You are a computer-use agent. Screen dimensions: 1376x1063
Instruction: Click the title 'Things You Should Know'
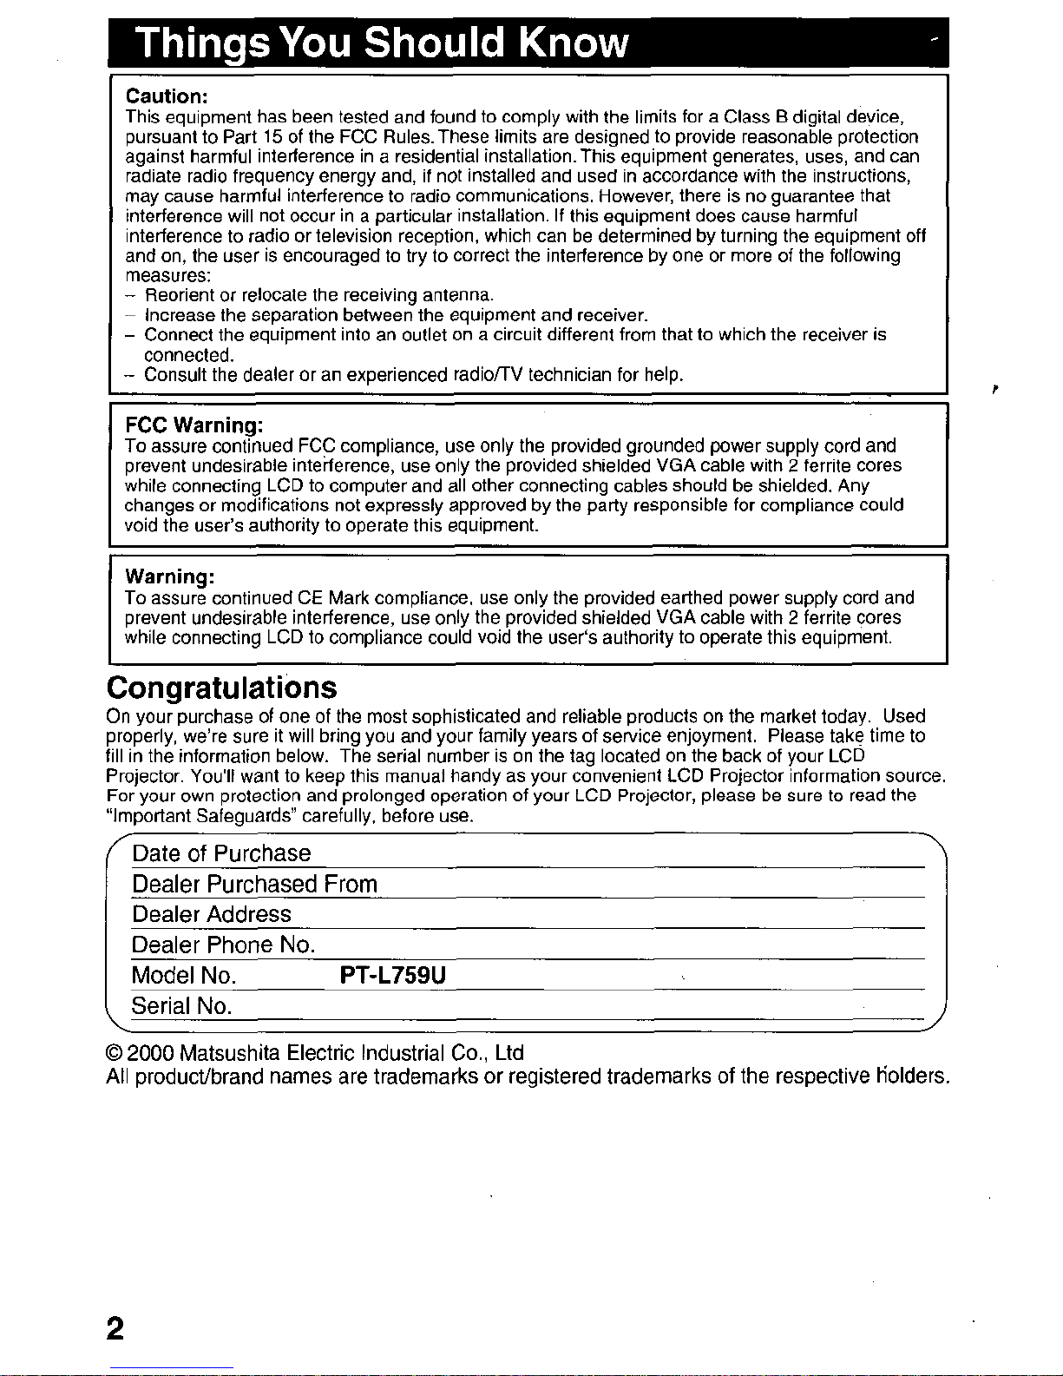coord(382,42)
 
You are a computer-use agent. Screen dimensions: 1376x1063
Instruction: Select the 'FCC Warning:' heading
coord(194,425)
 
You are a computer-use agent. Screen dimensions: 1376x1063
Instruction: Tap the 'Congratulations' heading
coord(221,688)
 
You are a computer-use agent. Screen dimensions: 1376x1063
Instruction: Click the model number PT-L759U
coord(393,976)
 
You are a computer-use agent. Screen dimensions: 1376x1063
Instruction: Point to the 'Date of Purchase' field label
coord(221,853)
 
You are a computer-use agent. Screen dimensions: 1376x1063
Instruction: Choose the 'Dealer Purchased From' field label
coord(254,884)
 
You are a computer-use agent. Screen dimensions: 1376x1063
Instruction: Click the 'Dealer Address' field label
coord(212,914)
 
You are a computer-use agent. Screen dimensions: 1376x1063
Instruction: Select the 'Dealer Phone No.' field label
coord(223,945)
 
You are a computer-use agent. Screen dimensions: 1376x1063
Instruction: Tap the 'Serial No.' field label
coord(181,1006)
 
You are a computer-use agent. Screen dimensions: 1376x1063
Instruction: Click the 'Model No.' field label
coord(184,976)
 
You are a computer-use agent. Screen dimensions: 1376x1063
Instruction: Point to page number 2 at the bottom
coord(115,1329)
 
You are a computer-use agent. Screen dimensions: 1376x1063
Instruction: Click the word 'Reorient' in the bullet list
coord(177,295)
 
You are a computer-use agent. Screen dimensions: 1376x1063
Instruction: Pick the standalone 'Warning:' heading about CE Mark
coord(170,577)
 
